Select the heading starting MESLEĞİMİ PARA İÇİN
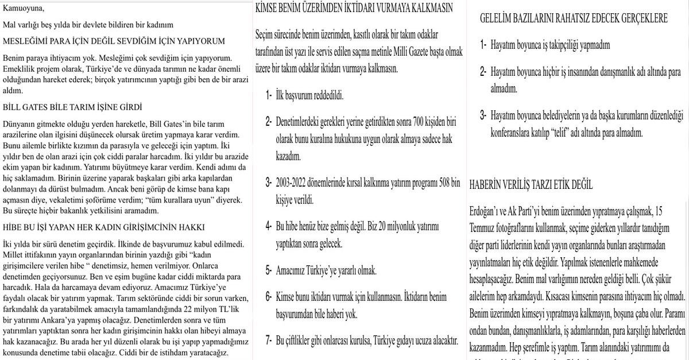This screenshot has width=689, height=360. (114, 41)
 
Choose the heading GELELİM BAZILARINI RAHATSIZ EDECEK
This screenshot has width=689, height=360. (574, 18)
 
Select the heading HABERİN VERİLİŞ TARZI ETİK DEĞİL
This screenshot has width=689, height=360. (531, 185)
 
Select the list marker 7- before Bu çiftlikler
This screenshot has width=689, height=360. (269, 340)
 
